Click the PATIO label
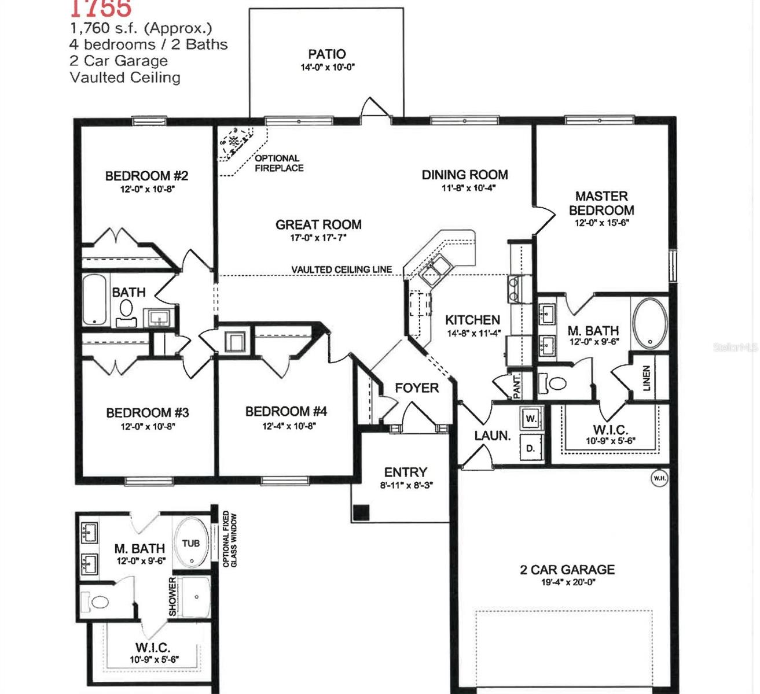click(326, 54)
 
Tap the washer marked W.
click(531, 418)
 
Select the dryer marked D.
click(531, 448)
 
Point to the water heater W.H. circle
click(659, 478)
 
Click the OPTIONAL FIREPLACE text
click(278, 163)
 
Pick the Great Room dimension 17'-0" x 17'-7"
click(318, 238)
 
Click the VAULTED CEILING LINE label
click(341, 270)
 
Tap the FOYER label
click(417, 387)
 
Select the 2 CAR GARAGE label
click(567, 570)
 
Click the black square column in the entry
click(361, 512)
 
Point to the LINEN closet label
click(647, 378)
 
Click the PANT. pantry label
click(517, 386)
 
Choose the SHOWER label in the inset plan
click(172, 596)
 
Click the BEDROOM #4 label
click(286, 411)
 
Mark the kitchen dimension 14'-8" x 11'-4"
click(473, 333)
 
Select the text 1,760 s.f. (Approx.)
click(141, 28)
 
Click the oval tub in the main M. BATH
click(650, 323)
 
